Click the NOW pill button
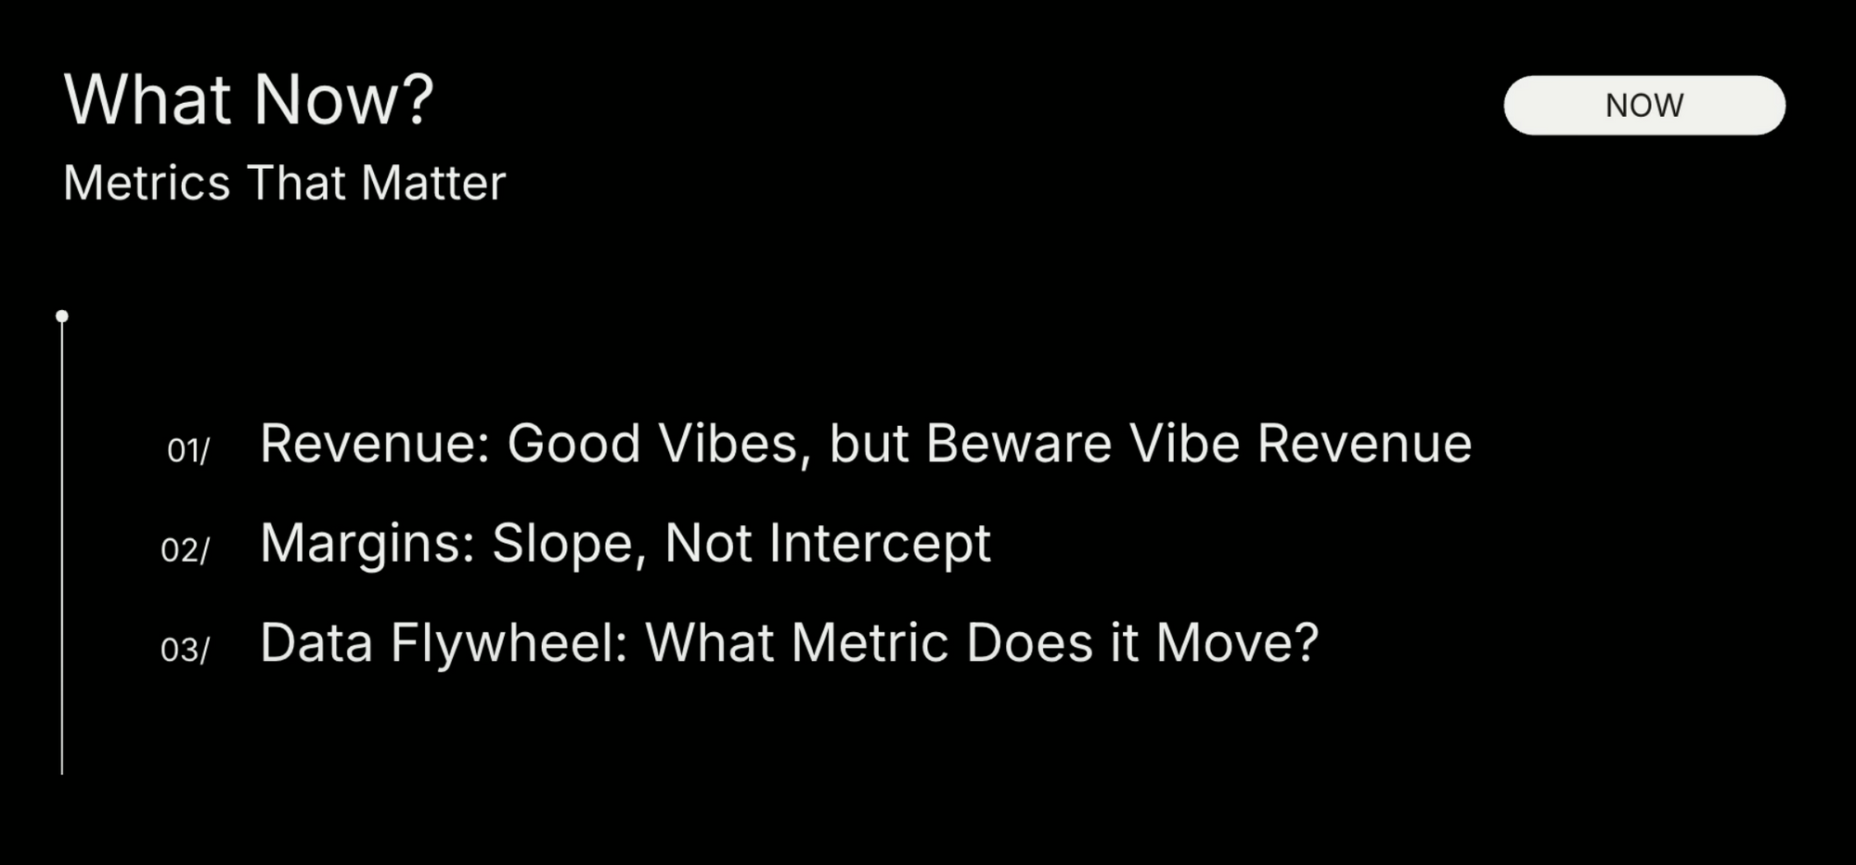point(1643,105)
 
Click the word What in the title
point(147,99)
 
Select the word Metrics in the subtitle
point(147,183)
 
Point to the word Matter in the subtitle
point(433,183)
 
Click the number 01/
point(188,451)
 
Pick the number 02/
point(186,550)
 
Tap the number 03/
point(186,650)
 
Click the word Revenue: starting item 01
point(374,444)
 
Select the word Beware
point(1018,444)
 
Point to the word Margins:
point(367,543)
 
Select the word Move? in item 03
point(1237,642)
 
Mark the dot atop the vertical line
point(62,316)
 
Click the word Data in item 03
point(316,642)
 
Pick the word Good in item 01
point(574,444)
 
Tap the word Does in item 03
point(1029,642)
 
